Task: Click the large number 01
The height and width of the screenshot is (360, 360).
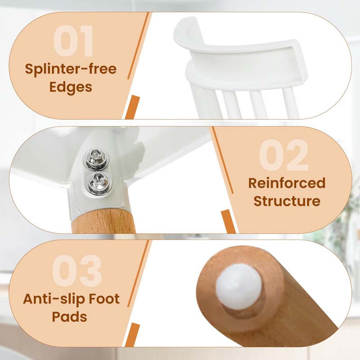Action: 73,41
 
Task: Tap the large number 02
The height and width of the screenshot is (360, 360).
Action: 284,155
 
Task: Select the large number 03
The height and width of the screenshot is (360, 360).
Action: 76,271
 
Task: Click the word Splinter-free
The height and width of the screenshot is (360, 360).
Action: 71,69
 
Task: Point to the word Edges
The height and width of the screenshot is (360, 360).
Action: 71,87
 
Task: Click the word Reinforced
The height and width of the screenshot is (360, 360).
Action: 287,183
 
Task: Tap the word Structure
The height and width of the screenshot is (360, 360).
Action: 287,201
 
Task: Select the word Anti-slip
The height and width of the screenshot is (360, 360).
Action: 54,298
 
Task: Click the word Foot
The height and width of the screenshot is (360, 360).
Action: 104,298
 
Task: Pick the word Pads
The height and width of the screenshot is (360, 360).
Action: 69,317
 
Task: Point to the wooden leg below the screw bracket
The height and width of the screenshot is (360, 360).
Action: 103,221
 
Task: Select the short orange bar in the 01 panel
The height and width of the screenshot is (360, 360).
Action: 133,108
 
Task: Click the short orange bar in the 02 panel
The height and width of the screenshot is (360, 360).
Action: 228,221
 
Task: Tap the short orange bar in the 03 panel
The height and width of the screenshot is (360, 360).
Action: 132,335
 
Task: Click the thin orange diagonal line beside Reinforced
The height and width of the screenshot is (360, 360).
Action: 222,160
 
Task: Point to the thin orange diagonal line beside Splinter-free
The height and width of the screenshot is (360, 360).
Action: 139,46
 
